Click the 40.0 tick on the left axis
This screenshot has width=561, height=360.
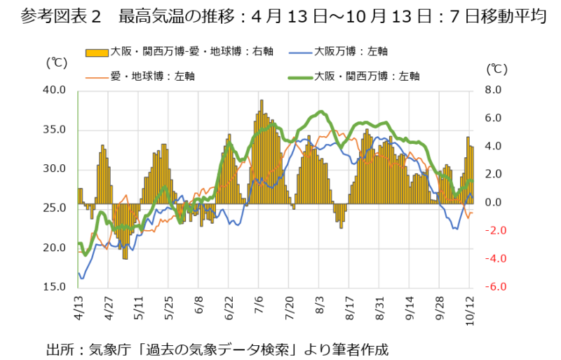tap(55, 90)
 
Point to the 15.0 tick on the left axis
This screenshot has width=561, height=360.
tap(55, 287)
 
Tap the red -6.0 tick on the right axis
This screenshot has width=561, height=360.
tap(493, 287)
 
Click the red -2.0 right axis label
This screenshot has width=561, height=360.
tap(493, 231)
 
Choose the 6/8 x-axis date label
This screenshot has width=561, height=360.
tap(199, 307)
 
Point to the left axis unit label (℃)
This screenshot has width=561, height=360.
tap(56, 62)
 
